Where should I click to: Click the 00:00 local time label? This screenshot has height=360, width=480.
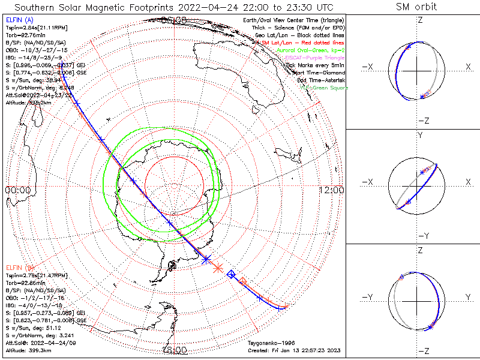click(x=17, y=190)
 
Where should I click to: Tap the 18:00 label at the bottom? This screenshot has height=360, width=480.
click(x=174, y=349)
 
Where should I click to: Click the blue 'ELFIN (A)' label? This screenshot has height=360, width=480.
click(x=19, y=20)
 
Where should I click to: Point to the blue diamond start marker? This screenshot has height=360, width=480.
click(x=232, y=274)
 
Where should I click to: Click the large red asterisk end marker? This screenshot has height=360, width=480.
click(x=218, y=268)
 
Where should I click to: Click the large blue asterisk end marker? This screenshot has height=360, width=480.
click(x=206, y=259)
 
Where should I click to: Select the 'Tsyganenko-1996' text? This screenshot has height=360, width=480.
click(x=271, y=343)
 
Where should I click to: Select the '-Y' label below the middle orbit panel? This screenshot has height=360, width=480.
click(x=422, y=236)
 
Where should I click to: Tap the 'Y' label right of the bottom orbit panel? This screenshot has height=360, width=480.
click(x=467, y=297)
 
